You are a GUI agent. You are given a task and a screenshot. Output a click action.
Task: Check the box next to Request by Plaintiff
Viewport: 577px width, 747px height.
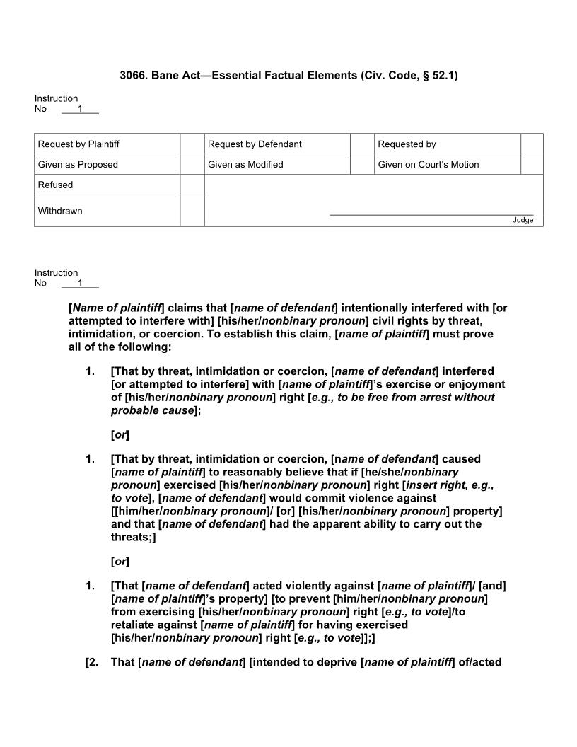[x=192, y=144]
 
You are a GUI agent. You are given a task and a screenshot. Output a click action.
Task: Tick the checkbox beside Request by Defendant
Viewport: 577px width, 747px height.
[x=361, y=144]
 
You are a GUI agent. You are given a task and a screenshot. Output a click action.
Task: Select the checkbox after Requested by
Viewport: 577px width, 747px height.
[x=532, y=144]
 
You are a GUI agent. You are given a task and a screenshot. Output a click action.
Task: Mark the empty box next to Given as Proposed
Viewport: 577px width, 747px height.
[x=192, y=164]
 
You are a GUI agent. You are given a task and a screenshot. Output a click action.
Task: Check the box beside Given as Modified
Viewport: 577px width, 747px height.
[x=361, y=164]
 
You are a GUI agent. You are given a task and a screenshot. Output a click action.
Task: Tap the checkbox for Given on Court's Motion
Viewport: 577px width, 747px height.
[x=532, y=164]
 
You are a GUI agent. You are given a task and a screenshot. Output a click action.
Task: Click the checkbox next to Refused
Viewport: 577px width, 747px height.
[x=192, y=185]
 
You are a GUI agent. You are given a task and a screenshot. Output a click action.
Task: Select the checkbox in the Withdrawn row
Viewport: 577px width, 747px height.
[x=192, y=211]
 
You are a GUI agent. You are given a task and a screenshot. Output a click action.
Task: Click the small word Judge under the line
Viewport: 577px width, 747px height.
[x=523, y=220]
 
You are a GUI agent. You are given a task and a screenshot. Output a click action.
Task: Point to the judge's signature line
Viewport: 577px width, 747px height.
[x=431, y=214]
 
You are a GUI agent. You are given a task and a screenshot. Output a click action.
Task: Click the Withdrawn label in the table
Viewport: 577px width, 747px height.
[x=60, y=211]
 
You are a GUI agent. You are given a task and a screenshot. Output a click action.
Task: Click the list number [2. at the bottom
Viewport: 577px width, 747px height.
[x=93, y=663]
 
